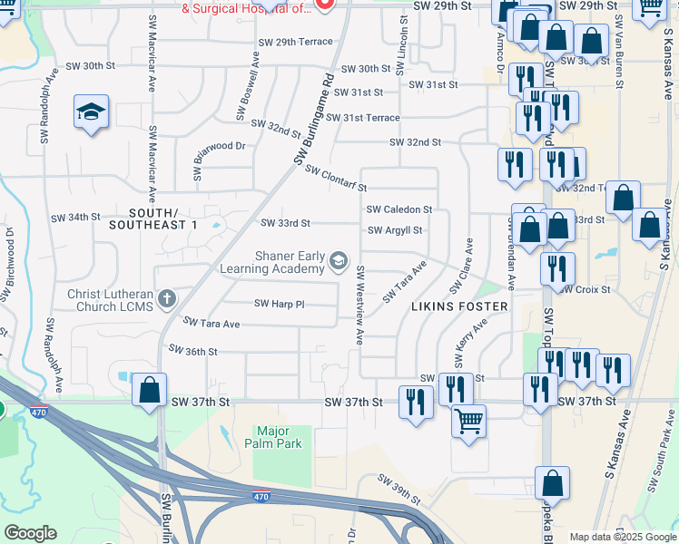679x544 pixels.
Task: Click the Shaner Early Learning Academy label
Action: point(272,263)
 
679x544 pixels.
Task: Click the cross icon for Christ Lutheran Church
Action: point(166,298)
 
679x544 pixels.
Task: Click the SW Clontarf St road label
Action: point(335,179)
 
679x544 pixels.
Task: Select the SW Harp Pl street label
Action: point(279,304)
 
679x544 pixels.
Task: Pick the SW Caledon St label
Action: point(399,209)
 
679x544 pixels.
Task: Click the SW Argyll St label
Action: point(395,230)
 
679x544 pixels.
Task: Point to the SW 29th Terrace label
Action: point(296,43)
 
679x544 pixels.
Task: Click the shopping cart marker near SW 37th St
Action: point(468,422)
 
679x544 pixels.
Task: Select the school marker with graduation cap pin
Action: point(92,112)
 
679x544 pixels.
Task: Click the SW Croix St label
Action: point(585,290)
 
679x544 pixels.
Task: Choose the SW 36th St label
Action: point(192,351)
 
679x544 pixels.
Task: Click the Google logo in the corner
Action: point(30,534)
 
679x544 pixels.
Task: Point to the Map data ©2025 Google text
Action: point(624,537)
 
